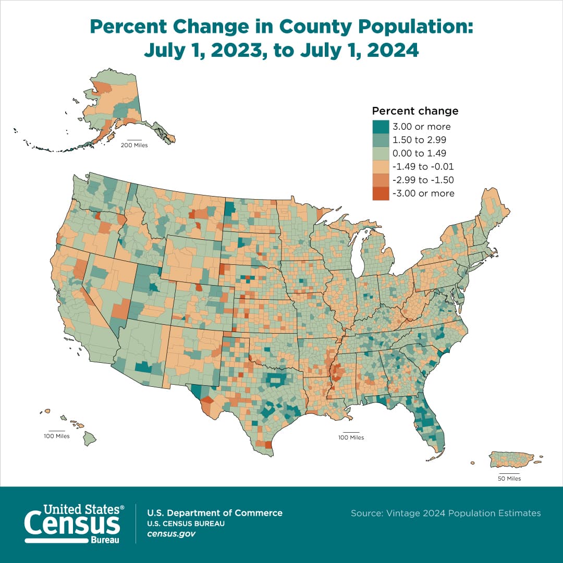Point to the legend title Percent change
click(x=415, y=111)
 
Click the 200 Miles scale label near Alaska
click(x=134, y=145)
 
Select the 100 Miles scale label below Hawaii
click(x=56, y=436)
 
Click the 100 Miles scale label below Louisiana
click(x=350, y=437)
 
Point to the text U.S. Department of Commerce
click(x=215, y=513)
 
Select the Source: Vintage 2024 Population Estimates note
click(x=446, y=513)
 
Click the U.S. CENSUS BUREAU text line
click(x=186, y=524)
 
